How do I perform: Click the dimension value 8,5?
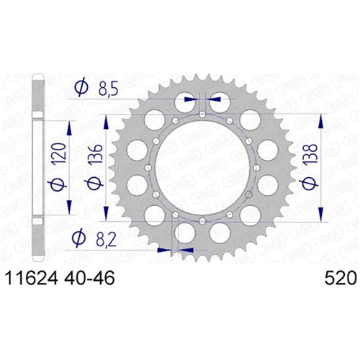pos(109,89)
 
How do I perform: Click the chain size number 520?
pos(336,274)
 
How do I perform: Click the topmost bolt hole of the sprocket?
pos(202,115)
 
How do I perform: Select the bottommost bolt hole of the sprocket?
pos(202,219)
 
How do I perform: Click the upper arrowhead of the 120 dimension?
pos(70,127)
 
